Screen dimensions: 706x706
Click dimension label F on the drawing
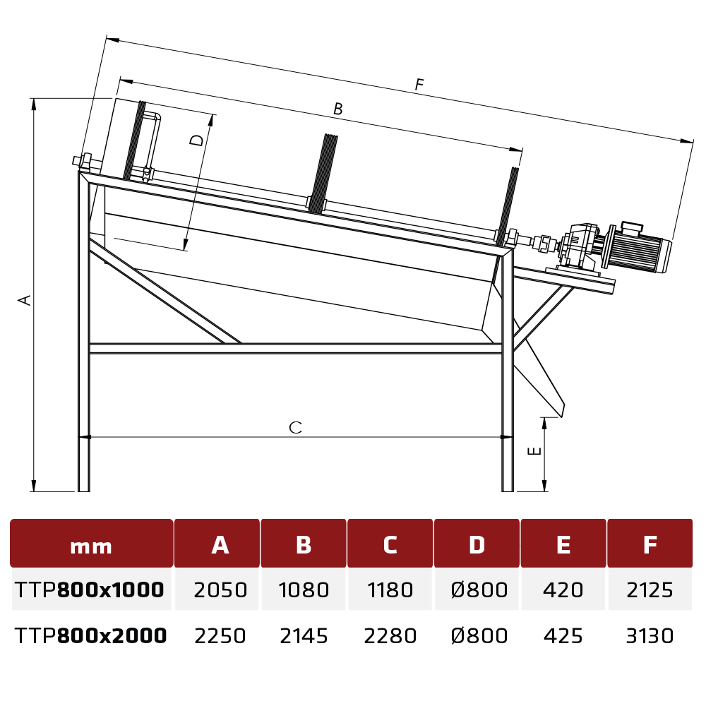[x=419, y=84]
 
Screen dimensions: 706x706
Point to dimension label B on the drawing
[x=337, y=109]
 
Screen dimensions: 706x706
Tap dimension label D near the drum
[x=197, y=140]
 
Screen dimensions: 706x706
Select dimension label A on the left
[x=25, y=300]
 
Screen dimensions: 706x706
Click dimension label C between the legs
[x=295, y=427]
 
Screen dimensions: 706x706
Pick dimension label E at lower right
[x=534, y=450]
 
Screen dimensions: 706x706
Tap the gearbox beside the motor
[x=579, y=249]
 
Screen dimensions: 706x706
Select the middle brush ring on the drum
[x=324, y=174]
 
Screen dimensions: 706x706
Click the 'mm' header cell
[x=91, y=546]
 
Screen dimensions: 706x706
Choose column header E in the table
[x=563, y=544]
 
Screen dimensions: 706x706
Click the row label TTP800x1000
[x=89, y=590]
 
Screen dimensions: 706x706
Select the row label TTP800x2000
[x=90, y=636]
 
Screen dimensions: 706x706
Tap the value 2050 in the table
[x=220, y=590]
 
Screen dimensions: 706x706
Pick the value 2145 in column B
[x=304, y=636]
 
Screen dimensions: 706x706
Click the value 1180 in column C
[x=390, y=590]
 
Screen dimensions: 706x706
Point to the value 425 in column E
[x=563, y=636]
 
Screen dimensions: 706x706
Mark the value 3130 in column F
[x=650, y=636]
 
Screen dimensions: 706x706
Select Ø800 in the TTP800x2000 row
[x=479, y=636]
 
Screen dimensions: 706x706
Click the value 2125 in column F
[x=650, y=590]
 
